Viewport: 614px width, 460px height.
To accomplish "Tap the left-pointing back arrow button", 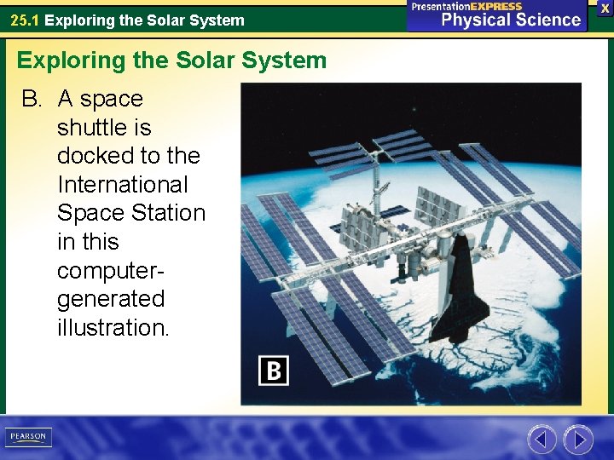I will click(x=542, y=440).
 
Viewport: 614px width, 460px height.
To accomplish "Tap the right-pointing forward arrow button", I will click(x=578, y=440).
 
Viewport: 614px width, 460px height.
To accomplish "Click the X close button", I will click(x=604, y=7).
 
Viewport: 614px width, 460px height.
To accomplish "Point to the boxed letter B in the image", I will click(x=274, y=371).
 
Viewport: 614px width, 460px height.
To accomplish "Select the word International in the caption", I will click(x=122, y=184).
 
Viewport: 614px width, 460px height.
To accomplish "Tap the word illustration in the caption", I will click(x=113, y=327).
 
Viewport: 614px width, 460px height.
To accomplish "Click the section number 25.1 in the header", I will click(x=25, y=20).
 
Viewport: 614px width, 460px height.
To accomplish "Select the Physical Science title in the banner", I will click(x=511, y=20).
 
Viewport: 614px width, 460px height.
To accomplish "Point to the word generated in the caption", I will click(x=110, y=299).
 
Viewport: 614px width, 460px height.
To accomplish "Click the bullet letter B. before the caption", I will click(x=32, y=99).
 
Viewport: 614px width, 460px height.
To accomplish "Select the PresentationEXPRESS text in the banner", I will click(x=466, y=6).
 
